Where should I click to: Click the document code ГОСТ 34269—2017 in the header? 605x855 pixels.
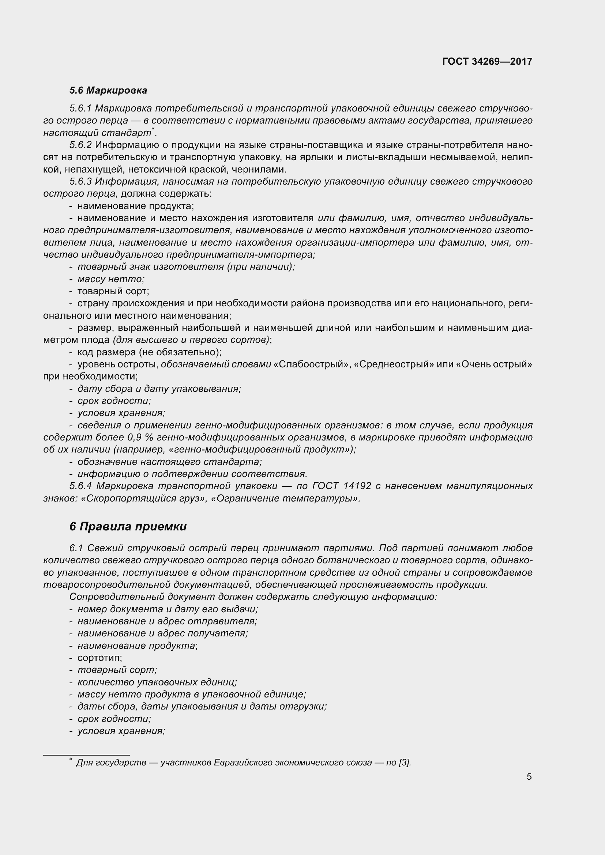[487, 61]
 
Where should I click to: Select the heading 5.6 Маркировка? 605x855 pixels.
[108, 91]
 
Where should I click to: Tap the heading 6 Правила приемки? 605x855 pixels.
[128, 526]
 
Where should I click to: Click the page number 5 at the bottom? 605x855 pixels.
[529, 777]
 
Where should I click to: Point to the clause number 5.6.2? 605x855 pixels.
[80, 145]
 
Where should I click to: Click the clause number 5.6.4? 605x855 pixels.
[80, 486]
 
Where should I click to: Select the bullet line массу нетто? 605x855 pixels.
[110, 279]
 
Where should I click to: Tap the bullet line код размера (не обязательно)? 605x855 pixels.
[149, 352]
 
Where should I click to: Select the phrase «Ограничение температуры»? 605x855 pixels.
[285, 499]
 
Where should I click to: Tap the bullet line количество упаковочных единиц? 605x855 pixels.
[157, 682]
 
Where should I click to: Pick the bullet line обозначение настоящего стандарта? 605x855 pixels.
[169, 462]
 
